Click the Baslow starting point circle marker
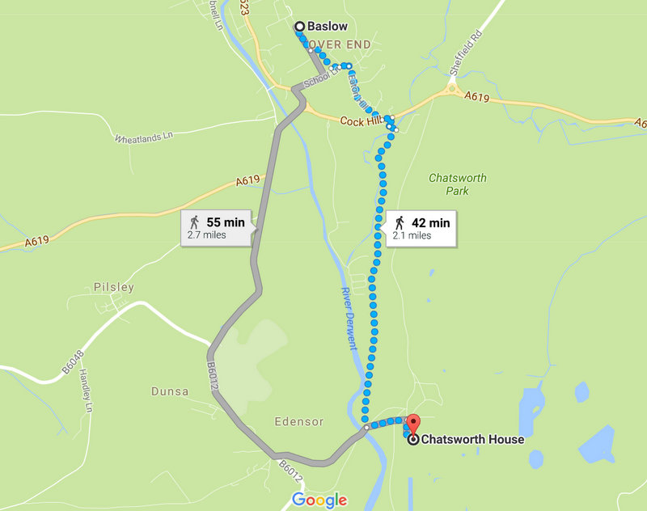299,26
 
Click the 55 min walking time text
225,222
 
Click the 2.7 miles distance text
206,235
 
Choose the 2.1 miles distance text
412,236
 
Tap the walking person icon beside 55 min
194,222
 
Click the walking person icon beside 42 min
400,222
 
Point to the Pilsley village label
113,287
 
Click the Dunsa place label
169,391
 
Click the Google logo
319,500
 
